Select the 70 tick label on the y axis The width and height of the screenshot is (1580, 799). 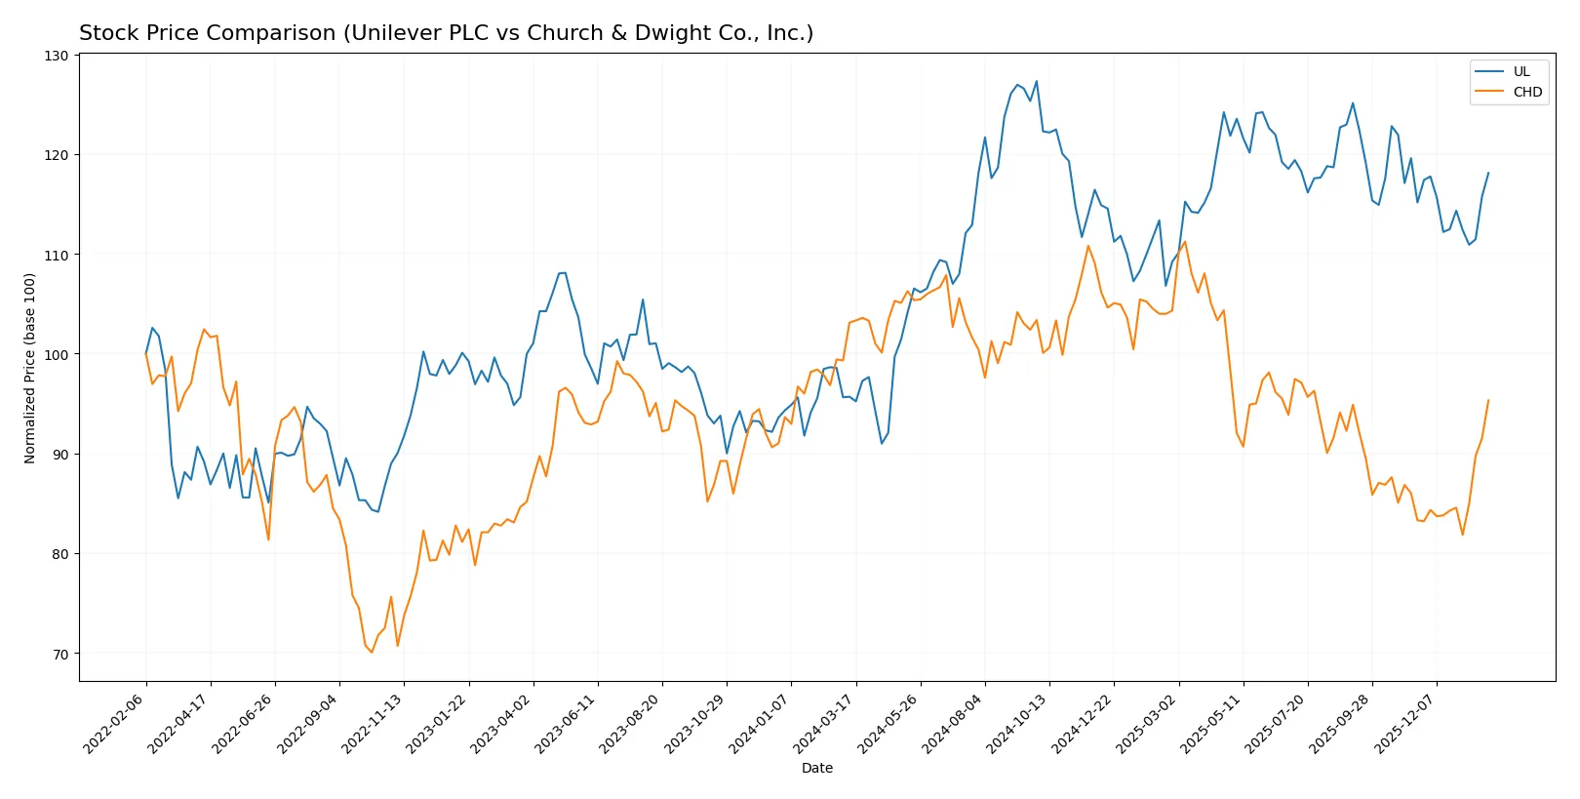pyautogui.click(x=60, y=654)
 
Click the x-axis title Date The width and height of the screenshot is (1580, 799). pyautogui.click(x=816, y=768)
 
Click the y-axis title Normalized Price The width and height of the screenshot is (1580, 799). pyautogui.click(x=30, y=368)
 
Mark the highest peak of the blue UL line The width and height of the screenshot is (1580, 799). pyautogui.click(x=1036, y=81)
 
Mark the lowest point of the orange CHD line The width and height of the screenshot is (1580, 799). pyautogui.click(x=372, y=653)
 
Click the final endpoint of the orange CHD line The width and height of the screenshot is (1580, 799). pyautogui.click(x=1488, y=400)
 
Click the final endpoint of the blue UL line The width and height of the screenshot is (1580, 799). pyautogui.click(x=1488, y=173)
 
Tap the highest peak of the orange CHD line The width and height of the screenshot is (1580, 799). pyautogui.click(x=1184, y=242)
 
